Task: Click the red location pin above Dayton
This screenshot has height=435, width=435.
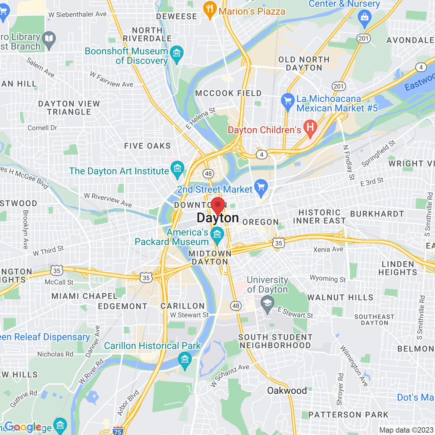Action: point(218,205)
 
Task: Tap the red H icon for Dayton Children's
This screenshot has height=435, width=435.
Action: point(310,128)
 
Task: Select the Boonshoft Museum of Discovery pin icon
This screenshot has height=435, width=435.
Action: point(177,53)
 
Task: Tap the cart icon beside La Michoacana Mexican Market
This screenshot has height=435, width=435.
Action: point(288,101)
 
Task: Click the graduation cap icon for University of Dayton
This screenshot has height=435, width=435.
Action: point(267,303)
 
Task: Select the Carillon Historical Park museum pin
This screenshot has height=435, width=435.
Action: point(185,360)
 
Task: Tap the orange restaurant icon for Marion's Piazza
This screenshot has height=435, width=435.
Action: point(210,9)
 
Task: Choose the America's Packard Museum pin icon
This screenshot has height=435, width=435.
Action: point(217,234)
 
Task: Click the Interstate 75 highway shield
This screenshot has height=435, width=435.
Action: point(118,431)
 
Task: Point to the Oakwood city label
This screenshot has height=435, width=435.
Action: point(287,390)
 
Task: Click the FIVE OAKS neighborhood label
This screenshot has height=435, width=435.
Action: point(147,146)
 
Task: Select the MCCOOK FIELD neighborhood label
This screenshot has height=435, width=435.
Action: point(228,93)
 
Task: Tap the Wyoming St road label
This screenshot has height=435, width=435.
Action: point(328,279)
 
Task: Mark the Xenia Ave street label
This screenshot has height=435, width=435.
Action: point(328,249)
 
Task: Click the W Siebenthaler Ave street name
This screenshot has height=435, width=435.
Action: point(77,14)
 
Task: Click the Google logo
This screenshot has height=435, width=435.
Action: point(23,427)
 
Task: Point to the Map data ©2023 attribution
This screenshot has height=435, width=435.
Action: point(406,430)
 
